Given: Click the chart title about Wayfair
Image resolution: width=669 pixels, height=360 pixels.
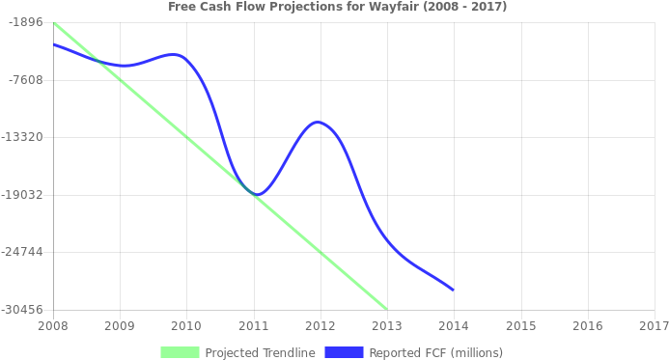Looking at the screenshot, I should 337,7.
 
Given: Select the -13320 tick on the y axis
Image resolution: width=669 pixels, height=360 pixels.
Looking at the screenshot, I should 22,137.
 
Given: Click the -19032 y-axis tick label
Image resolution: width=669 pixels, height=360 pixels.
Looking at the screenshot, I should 22,195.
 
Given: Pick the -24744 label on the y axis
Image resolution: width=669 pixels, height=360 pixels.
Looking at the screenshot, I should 22,252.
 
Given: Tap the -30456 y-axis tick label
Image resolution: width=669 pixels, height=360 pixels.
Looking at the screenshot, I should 22,310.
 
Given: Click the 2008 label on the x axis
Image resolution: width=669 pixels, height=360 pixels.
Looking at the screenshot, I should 52,326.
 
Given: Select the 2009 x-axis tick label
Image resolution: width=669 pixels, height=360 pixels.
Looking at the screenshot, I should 119,326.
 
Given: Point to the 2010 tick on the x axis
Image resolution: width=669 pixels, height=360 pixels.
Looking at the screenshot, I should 186,326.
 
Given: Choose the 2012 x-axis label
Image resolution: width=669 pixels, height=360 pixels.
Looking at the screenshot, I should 320,326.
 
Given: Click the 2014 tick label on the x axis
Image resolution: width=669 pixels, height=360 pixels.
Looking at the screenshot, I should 454,326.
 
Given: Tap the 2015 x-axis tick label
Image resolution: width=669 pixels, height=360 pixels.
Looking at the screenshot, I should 520,326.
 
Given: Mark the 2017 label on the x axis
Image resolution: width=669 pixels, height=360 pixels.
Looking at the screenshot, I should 654,326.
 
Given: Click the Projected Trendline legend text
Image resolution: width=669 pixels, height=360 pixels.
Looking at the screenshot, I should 260,352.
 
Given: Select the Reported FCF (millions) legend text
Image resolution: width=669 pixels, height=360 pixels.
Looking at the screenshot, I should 435,352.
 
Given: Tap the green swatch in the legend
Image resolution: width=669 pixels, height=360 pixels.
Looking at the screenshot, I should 180,352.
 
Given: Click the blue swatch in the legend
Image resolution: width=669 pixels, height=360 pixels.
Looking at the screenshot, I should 344,352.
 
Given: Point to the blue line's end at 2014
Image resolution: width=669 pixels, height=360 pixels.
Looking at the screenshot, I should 453,290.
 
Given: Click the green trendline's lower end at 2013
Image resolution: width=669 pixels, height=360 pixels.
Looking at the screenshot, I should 386,309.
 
